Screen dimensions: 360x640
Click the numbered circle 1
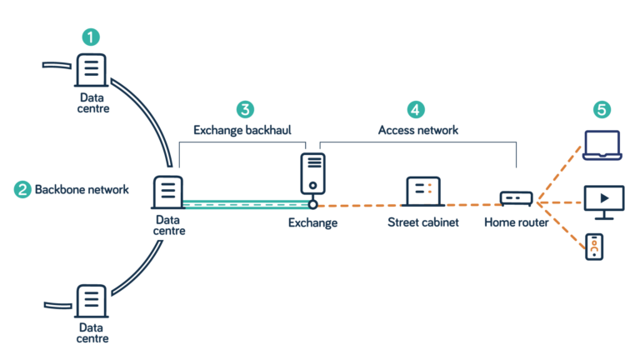coord(91,37)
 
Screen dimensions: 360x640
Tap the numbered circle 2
coord(22,189)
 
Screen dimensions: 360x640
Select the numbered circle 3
coord(245,109)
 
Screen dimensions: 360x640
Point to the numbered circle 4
coord(416,109)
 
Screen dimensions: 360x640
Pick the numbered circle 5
coord(602,109)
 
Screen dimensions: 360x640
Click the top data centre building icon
coord(92,70)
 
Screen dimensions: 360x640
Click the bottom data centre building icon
coord(92,301)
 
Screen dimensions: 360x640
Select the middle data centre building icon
coord(168,192)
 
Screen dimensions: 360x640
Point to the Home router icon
coord(516,198)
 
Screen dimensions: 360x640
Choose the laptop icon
coord(602,145)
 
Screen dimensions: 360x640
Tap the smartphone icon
coord(594,247)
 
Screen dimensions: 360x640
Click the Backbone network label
coord(82,190)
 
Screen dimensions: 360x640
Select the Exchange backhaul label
coord(242,130)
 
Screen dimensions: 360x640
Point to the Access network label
coord(418,130)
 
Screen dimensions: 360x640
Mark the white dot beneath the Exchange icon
coord(312,204)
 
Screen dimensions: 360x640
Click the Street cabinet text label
coord(422,222)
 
